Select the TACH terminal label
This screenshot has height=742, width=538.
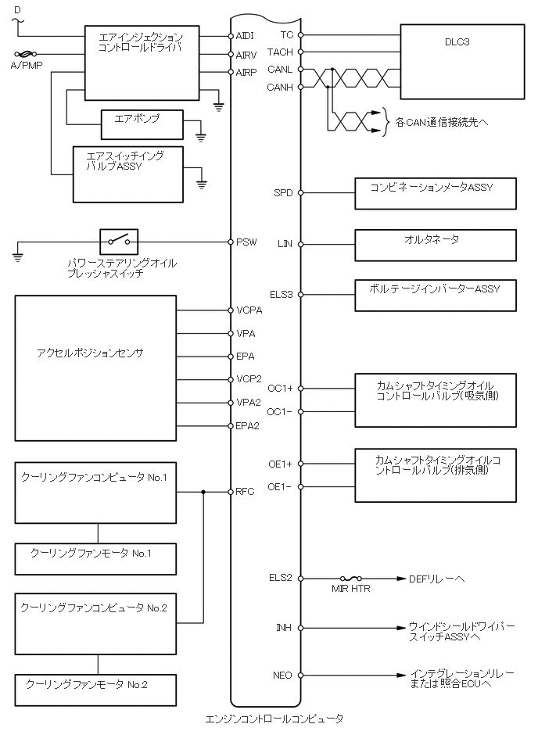280,52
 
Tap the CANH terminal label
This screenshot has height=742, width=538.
280,87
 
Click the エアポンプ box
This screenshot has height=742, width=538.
142,125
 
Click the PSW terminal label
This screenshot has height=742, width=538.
247,242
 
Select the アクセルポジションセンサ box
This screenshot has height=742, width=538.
95,367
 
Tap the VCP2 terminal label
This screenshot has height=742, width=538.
249,379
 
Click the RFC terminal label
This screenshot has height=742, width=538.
246,492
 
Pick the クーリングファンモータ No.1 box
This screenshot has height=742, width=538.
97,558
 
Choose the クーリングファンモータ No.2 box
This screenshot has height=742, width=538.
97,689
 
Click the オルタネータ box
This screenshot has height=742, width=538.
436,245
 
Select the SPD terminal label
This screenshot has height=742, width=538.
283,192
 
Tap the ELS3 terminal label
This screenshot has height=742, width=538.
281,295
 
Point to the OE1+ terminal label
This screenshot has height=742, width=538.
280,464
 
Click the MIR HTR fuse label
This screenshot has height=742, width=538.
351,589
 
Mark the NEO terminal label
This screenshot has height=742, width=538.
282,674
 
